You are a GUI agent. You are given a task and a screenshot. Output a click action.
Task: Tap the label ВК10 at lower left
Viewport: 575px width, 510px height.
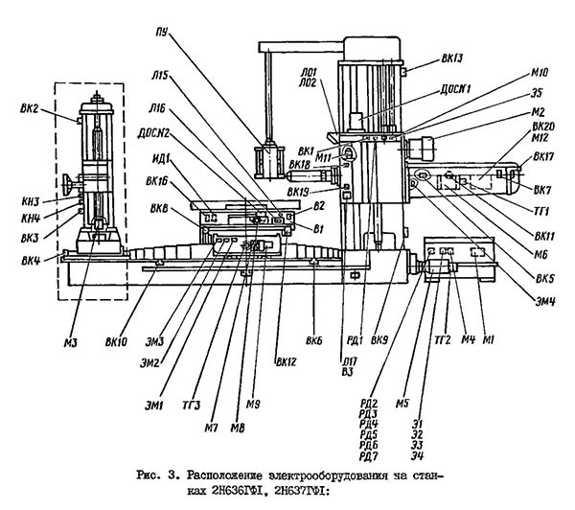(120, 340)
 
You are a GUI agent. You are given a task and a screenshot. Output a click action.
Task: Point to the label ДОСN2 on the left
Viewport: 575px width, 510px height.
(154, 132)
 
